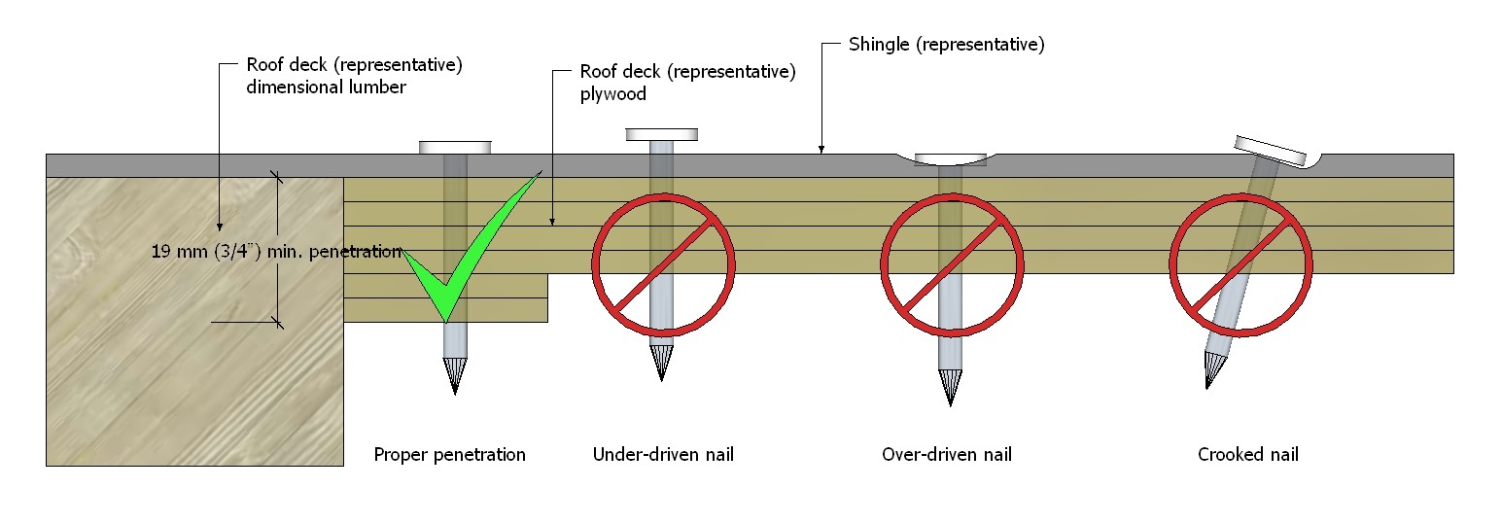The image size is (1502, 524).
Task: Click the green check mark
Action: pyautogui.click(x=457, y=262)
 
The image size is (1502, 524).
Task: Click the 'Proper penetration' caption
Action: pyautogui.click(x=449, y=455)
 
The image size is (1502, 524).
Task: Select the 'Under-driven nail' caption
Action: pyautogui.click(x=663, y=455)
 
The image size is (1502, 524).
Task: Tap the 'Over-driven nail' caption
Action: pyautogui.click(x=947, y=455)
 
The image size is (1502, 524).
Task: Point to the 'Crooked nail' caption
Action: pyautogui.click(x=1247, y=455)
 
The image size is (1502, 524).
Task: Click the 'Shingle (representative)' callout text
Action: pyautogui.click(x=946, y=45)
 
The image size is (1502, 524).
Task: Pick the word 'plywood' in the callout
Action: pyautogui.click(x=613, y=95)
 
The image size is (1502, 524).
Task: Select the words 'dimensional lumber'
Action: pyautogui.click(x=326, y=87)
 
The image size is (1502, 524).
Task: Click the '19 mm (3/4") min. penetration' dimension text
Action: pyautogui.click(x=276, y=252)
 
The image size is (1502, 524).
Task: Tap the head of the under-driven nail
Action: pyautogui.click(x=662, y=134)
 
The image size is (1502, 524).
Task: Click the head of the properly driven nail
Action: pyautogui.click(x=455, y=147)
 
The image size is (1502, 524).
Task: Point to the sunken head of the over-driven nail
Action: pyautogui.click(x=950, y=158)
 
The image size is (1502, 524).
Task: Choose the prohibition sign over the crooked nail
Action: pyautogui.click(x=1240, y=262)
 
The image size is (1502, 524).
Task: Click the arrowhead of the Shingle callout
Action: pyautogui.click(x=821, y=149)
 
